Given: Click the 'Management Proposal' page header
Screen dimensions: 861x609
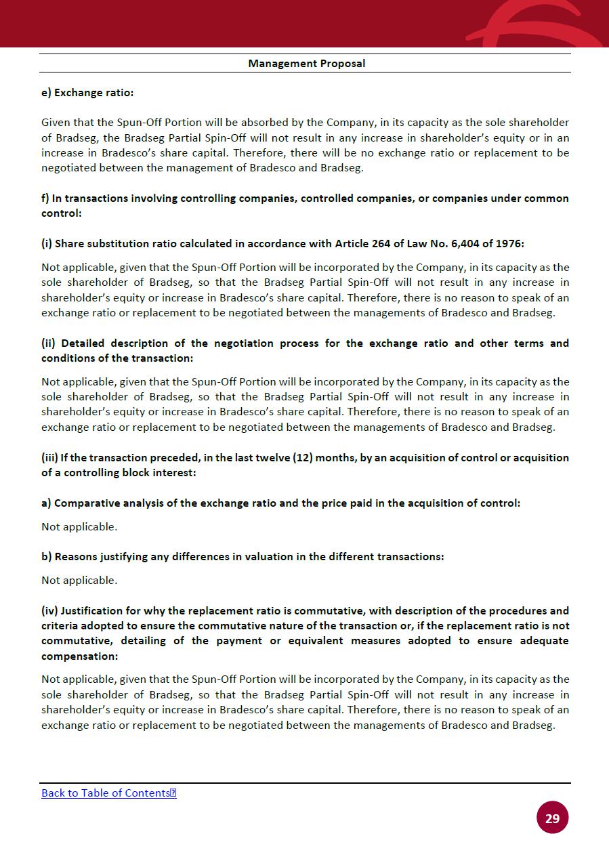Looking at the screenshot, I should (x=306, y=64).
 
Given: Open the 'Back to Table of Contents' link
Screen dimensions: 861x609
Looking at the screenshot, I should (x=108, y=793).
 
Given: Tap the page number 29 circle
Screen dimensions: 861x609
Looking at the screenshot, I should (x=552, y=818).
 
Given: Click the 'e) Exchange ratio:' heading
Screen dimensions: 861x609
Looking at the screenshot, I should (x=87, y=93).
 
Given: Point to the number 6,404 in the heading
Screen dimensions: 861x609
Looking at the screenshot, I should (x=461, y=243).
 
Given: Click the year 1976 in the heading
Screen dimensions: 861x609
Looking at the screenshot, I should (x=509, y=243).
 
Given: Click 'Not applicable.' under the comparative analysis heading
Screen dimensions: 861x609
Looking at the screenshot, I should (x=79, y=526).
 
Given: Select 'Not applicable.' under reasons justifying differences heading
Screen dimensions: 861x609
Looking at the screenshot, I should (x=79, y=580).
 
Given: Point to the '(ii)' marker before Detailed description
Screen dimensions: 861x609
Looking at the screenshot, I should (x=49, y=343).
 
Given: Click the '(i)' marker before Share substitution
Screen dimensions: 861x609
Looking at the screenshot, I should (x=47, y=243).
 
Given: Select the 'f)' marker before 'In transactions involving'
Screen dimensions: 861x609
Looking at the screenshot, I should (x=45, y=198).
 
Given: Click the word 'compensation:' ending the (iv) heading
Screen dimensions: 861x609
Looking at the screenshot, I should (x=79, y=656).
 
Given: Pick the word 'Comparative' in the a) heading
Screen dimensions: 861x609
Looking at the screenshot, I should (x=85, y=503).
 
